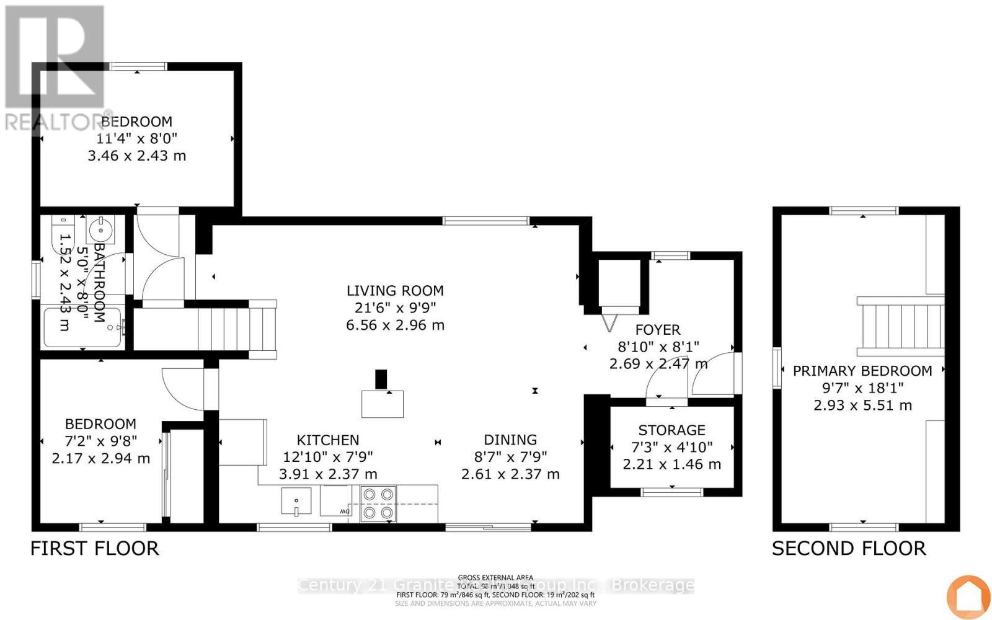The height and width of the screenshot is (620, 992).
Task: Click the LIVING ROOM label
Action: [x=395, y=290]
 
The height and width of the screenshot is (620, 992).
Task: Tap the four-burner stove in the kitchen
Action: [x=378, y=503]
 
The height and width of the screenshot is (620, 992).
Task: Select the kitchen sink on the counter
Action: [x=297, y=501]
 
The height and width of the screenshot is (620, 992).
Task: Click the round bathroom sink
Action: [x=99, y=230]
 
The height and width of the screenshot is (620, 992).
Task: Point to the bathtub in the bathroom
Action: [x=84, y=327]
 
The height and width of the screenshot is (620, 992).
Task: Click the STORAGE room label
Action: [x=671, y=430]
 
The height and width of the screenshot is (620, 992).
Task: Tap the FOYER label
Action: [x=657, y=330]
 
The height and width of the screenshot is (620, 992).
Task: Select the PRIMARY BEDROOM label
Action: [x=862, y=371]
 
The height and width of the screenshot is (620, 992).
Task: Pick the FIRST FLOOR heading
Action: [x=95, y=548]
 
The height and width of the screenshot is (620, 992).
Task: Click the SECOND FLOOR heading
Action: [x=849, y=548]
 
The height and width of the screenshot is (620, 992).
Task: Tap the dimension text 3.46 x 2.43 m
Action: [x=137, y=156]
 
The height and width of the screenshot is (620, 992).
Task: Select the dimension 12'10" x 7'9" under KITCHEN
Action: [x=327, y=457]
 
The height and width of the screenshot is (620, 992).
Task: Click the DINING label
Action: [x=510, y=440]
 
